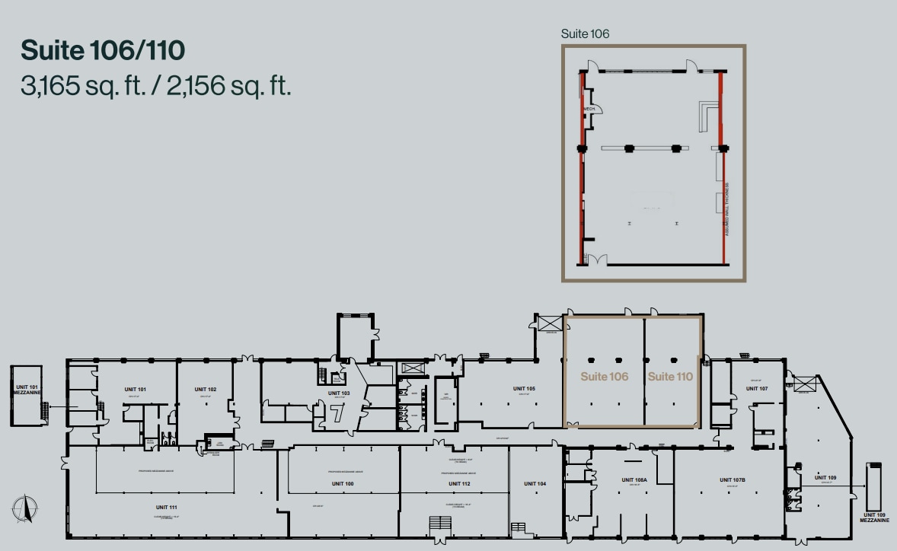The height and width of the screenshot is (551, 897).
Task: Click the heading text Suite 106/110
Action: (x=103, y=51)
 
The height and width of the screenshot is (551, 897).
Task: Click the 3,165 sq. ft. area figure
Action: (x=83, y=85)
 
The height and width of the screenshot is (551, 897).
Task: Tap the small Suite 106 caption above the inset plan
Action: (x=585, y=33)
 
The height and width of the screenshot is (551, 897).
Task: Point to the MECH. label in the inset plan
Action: (x=589, y=110)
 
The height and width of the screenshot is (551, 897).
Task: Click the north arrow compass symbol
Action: (x=24, y=508)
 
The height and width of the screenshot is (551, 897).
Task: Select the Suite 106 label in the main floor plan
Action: (x=604, y=376)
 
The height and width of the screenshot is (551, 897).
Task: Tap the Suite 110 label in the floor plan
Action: (x=670, y=376)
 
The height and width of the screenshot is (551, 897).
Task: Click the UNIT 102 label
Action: (x=206, y=389)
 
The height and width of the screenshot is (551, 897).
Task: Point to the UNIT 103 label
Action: (x=339, y=393)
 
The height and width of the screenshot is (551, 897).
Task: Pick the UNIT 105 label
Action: (x=524, y=388)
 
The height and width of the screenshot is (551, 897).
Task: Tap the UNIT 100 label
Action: (x=343, y=483)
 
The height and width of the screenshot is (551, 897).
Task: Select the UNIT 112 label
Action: (x=460, y=483)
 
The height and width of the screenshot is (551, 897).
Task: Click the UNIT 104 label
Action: (x=535, y=483)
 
